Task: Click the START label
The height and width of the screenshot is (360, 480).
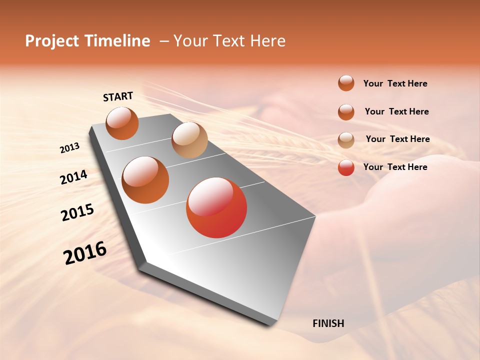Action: tap(118, 96)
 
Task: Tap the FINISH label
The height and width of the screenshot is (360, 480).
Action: tap(328, 323)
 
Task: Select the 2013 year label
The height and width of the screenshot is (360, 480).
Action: tap(69, 148)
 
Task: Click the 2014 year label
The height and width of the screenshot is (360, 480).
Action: tap(73, 177)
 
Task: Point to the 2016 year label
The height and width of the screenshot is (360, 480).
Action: tap(85, 253)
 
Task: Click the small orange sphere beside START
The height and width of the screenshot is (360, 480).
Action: tap(122, 123)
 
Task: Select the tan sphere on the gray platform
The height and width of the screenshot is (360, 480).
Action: tap(189, 140)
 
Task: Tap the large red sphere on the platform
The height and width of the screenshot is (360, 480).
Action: tap(216, 207)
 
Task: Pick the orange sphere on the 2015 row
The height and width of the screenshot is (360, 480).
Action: tap(145, 180)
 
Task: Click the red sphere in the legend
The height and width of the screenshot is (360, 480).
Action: tap(346, 167)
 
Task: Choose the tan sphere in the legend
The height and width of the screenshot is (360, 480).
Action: tap(346, 140)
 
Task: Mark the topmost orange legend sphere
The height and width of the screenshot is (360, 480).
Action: tap(346, 83)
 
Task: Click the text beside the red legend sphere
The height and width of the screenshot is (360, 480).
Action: tap(395, 167)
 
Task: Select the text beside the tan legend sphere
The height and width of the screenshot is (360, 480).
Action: tap(397, 139)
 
